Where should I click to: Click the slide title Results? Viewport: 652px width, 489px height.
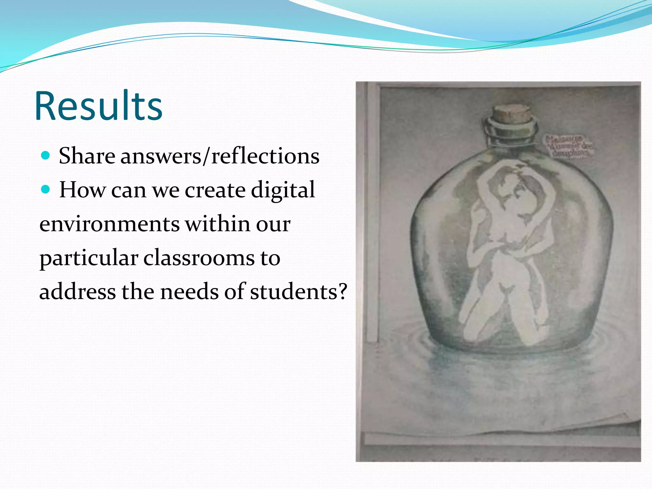point(99,106)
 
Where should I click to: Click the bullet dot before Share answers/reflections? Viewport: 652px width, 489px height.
point(46,156)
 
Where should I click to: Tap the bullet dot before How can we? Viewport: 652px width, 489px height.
point(46,190)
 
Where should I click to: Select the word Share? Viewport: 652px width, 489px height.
point(87,156)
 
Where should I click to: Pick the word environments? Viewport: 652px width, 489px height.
point(110,224)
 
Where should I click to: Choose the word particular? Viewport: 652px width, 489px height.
point(89,259)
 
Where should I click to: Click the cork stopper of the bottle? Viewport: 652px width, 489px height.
point(512,115)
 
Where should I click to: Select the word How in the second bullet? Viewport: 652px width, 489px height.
point(82,190)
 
